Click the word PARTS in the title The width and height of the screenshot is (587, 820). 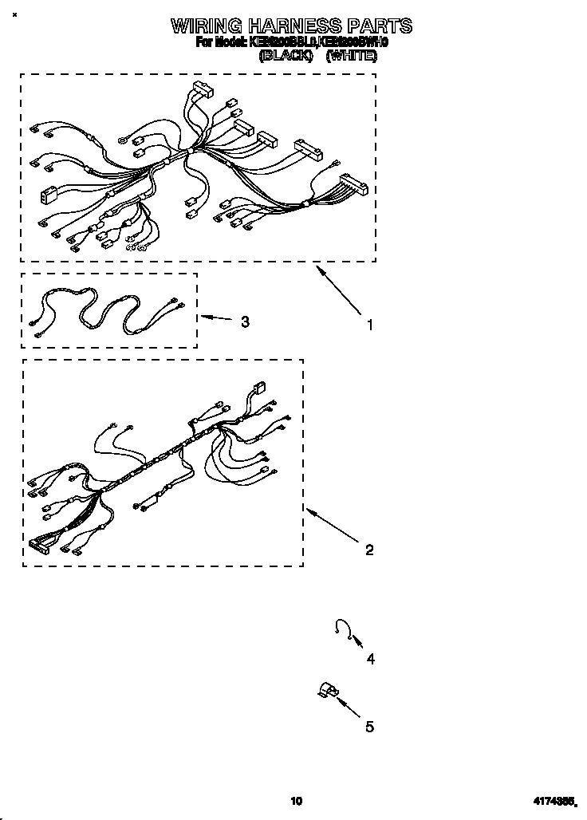click(x=378, y=26)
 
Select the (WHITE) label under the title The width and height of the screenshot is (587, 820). click(x=351, y=56)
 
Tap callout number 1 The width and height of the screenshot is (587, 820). click(x=369, y=325)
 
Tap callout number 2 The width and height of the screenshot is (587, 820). click(x=369, y=550)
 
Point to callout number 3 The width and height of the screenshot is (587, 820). click(x=245, y=321)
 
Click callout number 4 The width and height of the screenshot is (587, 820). click(x=370, y=659)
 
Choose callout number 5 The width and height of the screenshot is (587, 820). click(x=369, y=727)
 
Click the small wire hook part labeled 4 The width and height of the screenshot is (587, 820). click(x=342, y=628)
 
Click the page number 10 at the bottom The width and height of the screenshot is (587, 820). click(x=297, y=801)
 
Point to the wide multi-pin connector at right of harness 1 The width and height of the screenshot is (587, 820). click(x=353, y=184)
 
